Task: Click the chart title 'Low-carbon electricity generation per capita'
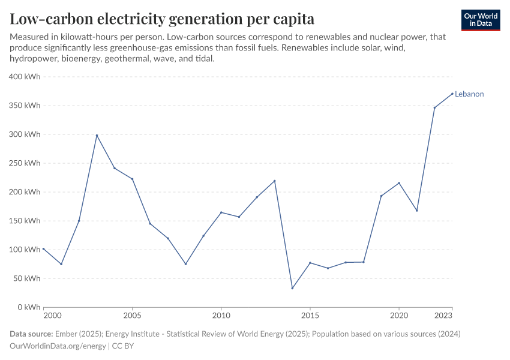click(x=162, y=19)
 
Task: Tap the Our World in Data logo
click(x=481, y=20)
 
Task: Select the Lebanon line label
click(x=469, y=94)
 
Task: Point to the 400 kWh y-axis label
click(x=25, y=77)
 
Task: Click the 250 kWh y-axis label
click(x=25, y=163)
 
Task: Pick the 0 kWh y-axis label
click(x=29, y=307)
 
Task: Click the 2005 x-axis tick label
click(x=133, y=316)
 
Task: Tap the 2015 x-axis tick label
click(x=310, y=316)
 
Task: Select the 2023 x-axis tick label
click(x=443, y=316)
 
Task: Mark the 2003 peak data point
click(x=97, y=135)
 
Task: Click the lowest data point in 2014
click(x=292, y=288)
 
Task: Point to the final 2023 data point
click(x=452, y=94)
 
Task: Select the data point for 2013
click(x=275, y=181)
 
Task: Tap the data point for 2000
click(x=43, y=248)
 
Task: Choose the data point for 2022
click(x=434, y=107)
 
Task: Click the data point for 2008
click(x=186, y=264)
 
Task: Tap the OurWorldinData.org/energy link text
click(x=58, y=346)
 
